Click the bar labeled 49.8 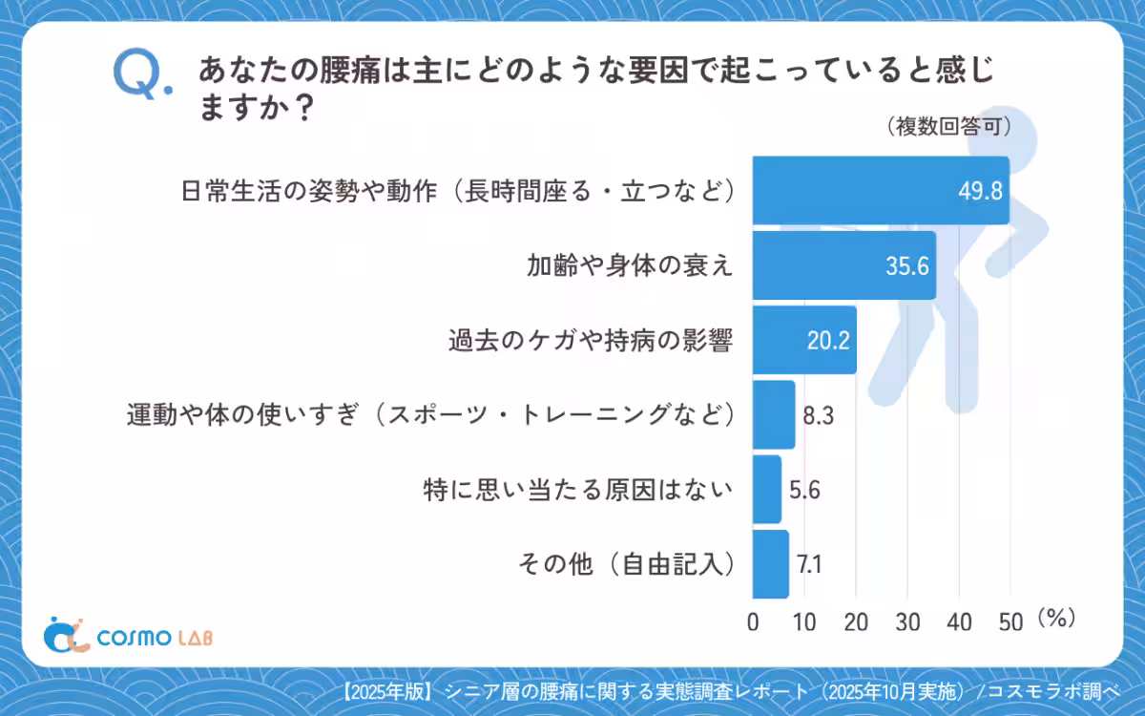point(880,190)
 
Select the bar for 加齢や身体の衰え point(843,265)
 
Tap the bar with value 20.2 point(804,340)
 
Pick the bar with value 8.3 point(774,414)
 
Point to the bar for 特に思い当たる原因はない point(767,489)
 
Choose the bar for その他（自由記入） point(771,564)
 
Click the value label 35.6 point(906,266)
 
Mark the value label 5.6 point(805,490)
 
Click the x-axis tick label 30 point(907,622)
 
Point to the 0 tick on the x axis point(753,622)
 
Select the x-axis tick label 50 point(1010,622)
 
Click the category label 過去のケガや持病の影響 point(591,341)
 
